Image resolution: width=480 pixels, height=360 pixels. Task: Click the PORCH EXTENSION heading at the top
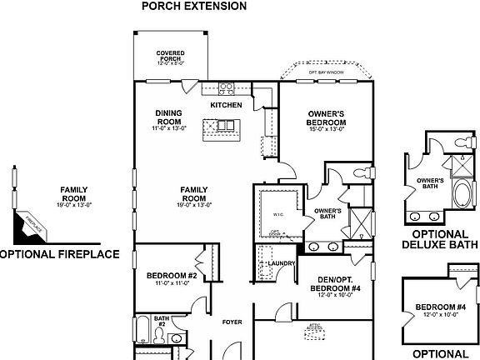195,6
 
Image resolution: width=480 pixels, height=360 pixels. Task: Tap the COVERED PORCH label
170,57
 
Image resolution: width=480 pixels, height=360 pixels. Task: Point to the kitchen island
225,127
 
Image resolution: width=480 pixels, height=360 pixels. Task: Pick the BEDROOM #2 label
171,278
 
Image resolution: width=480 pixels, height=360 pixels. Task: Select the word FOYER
231,322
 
